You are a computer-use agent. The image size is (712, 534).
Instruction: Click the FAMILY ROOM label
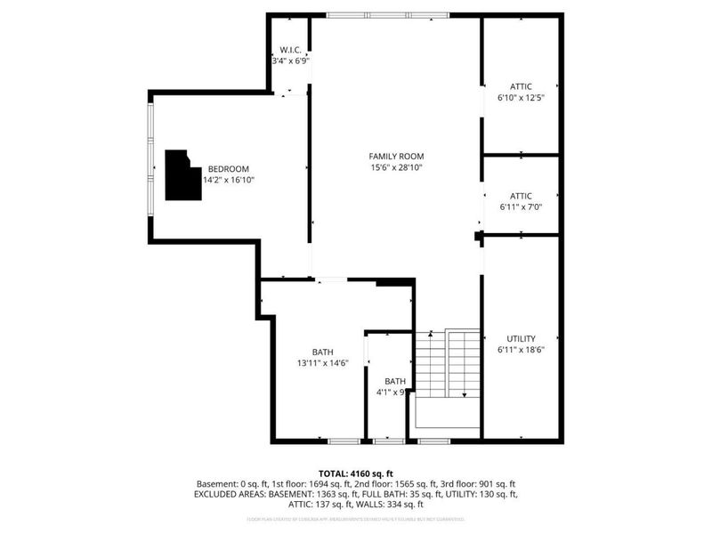(396, 156)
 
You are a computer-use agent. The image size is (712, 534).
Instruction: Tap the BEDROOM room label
(228, 169)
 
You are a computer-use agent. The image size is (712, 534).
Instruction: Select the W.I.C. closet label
(290, 50)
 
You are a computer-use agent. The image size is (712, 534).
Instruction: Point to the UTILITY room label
(521, 338)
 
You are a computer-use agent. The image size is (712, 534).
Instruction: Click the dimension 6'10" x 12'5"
(521, 98)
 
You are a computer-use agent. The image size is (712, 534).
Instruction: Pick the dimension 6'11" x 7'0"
(521, 207)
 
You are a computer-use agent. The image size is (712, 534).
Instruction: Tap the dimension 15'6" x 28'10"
(396, 167)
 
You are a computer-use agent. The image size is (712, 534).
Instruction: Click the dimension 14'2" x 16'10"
(229, 180)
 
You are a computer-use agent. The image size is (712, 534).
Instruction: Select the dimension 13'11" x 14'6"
(322, 362)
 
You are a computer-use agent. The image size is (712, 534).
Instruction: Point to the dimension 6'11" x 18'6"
(521, 350)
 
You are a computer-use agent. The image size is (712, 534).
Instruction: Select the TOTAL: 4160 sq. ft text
(356, 473)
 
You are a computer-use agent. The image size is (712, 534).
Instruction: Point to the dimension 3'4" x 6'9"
(290, 61)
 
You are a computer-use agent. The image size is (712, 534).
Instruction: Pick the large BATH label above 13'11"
(322, 351)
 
